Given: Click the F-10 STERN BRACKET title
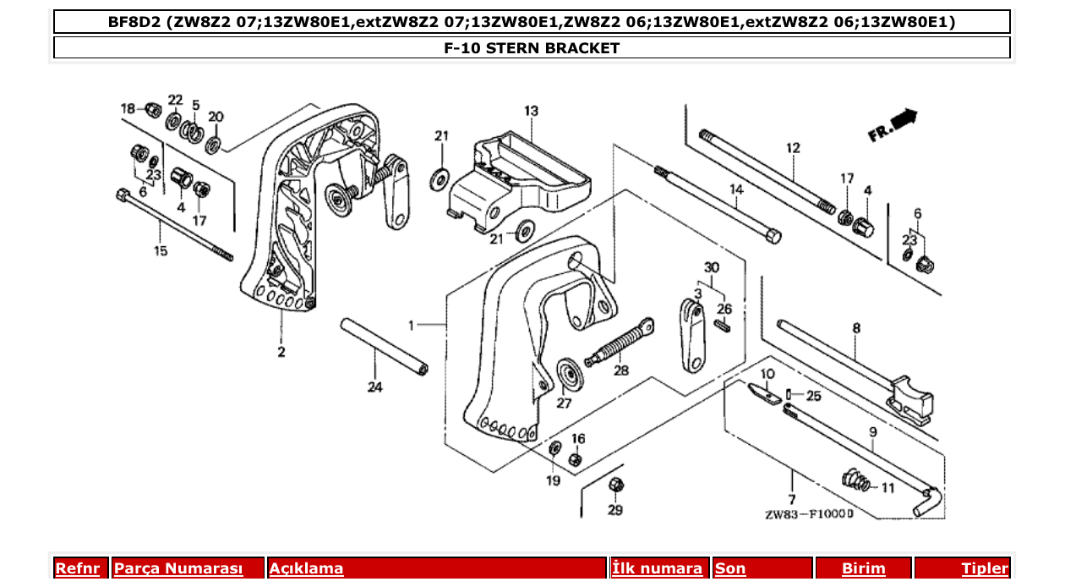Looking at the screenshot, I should click(532, 48).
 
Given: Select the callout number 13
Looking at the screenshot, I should click(531, 111).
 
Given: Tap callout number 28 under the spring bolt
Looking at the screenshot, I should click(621, 370).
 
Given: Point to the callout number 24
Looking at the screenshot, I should click(374, 387).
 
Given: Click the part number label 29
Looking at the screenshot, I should click(615, 510).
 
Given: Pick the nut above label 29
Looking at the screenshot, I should click(615, 485).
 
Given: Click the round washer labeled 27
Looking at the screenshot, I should click(569, 375).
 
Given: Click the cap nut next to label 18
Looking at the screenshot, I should click(153, 109).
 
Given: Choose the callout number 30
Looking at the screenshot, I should click(712, 267).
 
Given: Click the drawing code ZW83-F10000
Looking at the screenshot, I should click(809, 513).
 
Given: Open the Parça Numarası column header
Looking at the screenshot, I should click(178, 568).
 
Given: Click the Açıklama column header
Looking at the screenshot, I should click(306, 568).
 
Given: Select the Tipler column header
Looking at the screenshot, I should click(984, 568).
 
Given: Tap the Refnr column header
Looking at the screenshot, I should click(77, 568).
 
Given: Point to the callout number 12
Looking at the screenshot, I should click(793, 149).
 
